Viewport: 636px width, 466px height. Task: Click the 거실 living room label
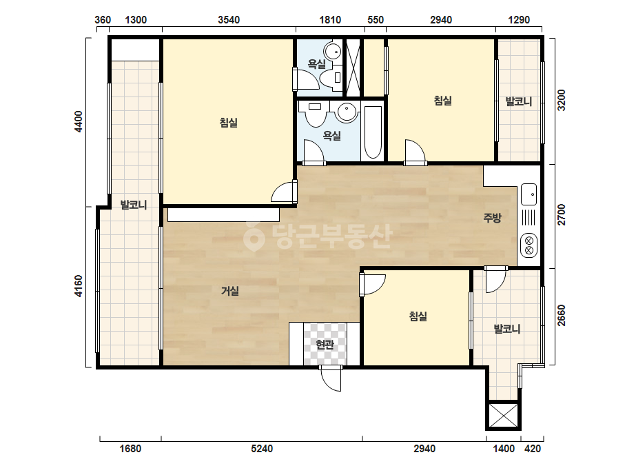click(230, 291)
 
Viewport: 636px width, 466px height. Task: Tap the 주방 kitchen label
click(493, 218)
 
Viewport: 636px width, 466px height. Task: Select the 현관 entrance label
click(325, 345)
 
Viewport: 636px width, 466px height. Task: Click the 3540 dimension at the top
click(229, 20)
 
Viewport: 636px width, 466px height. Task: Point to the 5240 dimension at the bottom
click(262, 449)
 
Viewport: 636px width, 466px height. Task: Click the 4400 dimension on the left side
click(79, 121)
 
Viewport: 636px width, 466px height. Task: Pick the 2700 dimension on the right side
click(562, 215)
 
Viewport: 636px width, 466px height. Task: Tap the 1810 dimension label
click(330, 20)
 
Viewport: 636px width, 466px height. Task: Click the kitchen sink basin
click(529, 194)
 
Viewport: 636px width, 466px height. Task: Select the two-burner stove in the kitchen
click(529, 245)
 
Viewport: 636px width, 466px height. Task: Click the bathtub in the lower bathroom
click(373, 132)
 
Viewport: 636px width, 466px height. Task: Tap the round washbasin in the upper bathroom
click(333, 51)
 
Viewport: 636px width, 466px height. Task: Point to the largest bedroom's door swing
click(284, 192)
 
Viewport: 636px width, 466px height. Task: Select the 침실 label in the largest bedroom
click(229, 122)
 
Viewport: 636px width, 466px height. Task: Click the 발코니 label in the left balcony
click(134, 205)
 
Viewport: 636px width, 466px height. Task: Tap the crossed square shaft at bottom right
click(504, 415)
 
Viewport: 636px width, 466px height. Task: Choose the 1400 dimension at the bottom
click(504, 449)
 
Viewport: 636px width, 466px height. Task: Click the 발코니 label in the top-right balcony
click(519, 101)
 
